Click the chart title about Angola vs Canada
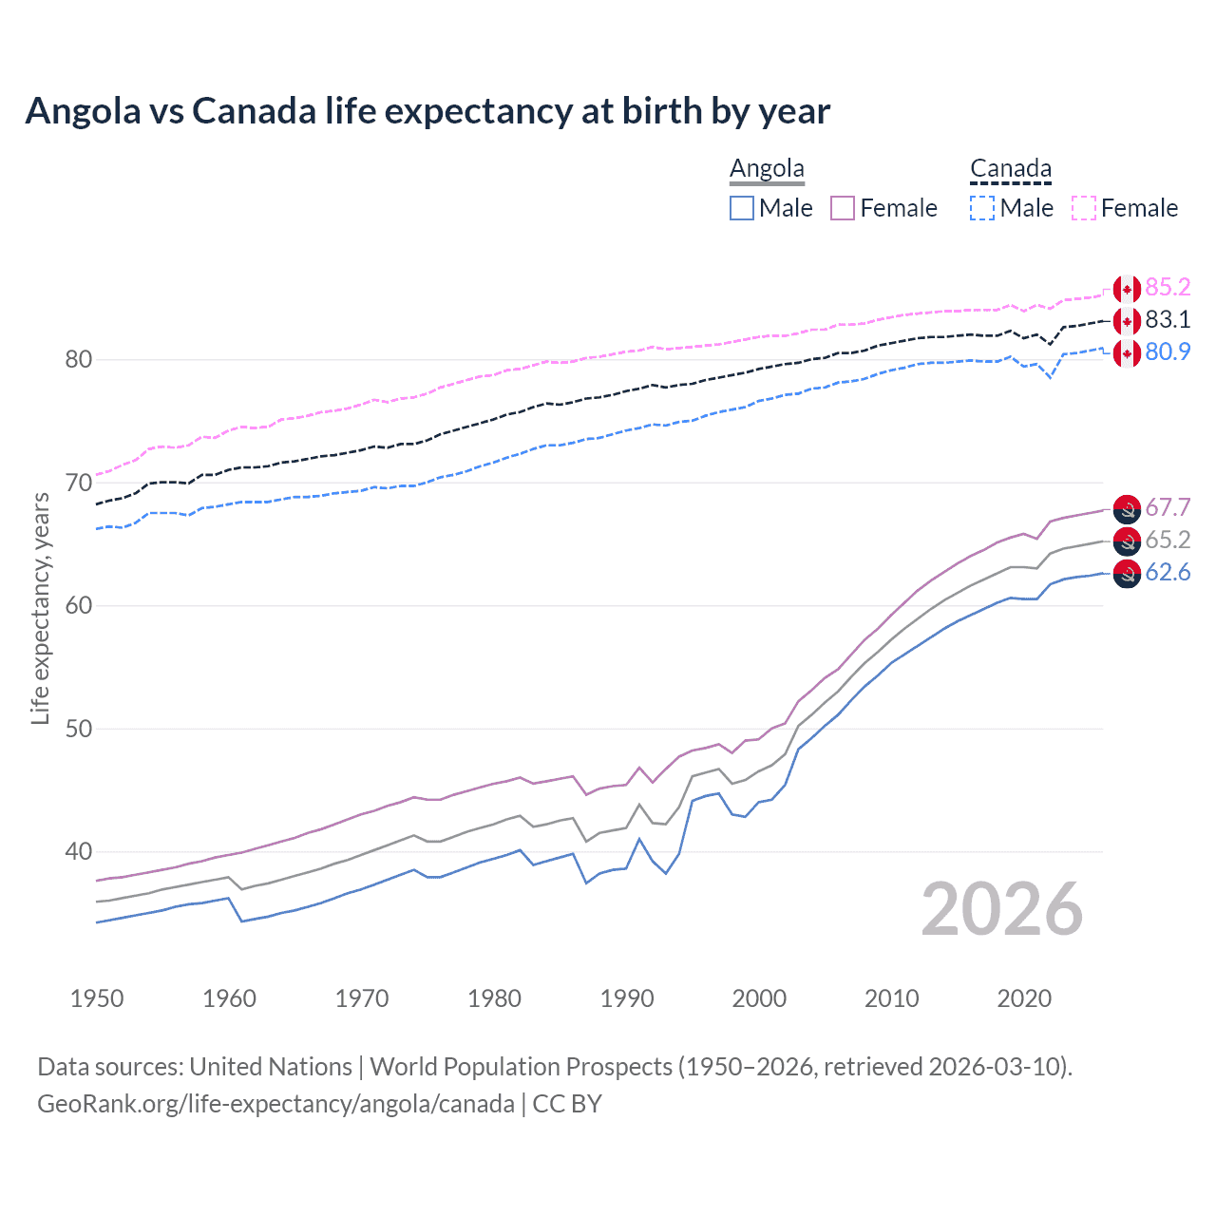coord(427,111)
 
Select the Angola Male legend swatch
coord(742,208)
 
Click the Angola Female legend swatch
coord(843,208)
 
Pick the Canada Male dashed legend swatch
coord(982,208)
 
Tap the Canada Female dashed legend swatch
coord(1084,208)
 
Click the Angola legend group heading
coord(767,169)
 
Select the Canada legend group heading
coord(1011,169)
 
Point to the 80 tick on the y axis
coord(78,359)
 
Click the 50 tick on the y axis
coord(78,729)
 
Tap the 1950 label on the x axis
coord(97,998)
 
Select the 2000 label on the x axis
coord(759,998)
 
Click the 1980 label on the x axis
coord(494,998)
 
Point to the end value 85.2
coord(1168,287)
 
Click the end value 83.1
coord(1168,319)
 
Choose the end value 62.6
coord(1168,572)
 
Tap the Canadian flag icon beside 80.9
coord(1127,352)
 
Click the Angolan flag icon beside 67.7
coord(1127,508)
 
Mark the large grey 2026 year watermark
coord(1002,909)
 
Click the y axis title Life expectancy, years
coord(40,608)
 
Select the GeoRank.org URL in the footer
coord(275,1104)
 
